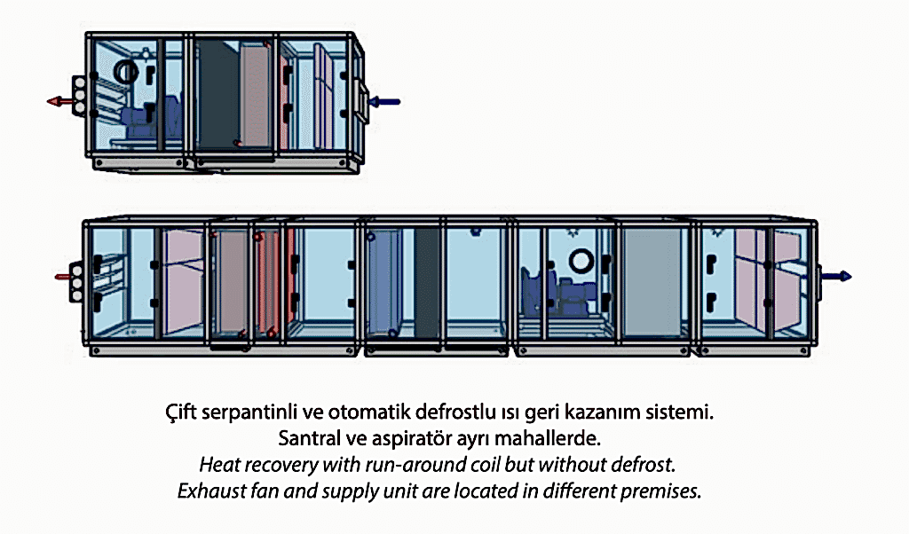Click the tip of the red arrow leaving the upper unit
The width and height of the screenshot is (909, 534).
pos(48,102)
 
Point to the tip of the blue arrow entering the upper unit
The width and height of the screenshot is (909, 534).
pos(369,102)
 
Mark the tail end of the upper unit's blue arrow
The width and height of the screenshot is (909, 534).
pos(400,102)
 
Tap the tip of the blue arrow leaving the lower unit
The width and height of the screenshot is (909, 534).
pos(851,276)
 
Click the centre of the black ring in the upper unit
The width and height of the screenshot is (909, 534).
pos(126,71)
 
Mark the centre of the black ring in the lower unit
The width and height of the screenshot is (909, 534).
pos(581,261)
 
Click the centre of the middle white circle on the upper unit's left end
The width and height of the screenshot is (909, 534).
pos(79,95)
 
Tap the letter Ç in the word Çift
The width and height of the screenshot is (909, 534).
pos(171,412)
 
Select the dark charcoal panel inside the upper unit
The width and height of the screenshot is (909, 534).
pos(219,94)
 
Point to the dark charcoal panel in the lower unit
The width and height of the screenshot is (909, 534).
pos(427,282)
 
